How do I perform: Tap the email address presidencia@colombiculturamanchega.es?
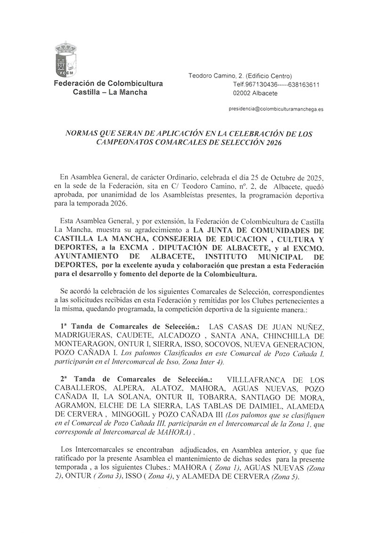pyautogui.click(x=276, y=109)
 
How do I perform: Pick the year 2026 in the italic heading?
pyautogui.click(x=270, y=142)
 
